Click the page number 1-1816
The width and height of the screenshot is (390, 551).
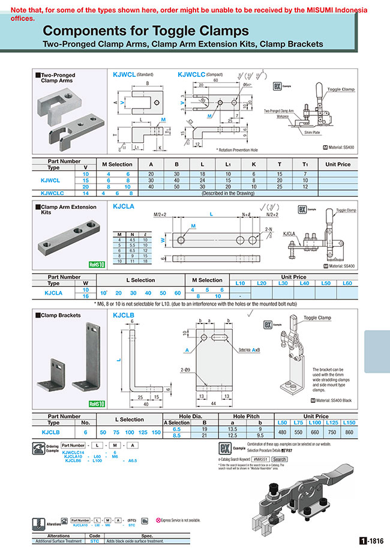click(x=371, y=540)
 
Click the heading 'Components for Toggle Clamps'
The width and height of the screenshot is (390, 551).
click(x=146, y=31)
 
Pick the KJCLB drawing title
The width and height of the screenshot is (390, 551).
click(x=123, y=314)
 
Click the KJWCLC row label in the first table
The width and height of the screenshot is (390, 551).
click(x=53, y=193)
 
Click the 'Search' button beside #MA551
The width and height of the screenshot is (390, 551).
click(x=280, y=459)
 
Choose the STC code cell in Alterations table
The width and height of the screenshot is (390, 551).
click(x=94, y=541)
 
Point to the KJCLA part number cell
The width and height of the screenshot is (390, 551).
click(x=53, y=292)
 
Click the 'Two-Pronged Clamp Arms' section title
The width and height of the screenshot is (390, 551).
click(x=58, y=78)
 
